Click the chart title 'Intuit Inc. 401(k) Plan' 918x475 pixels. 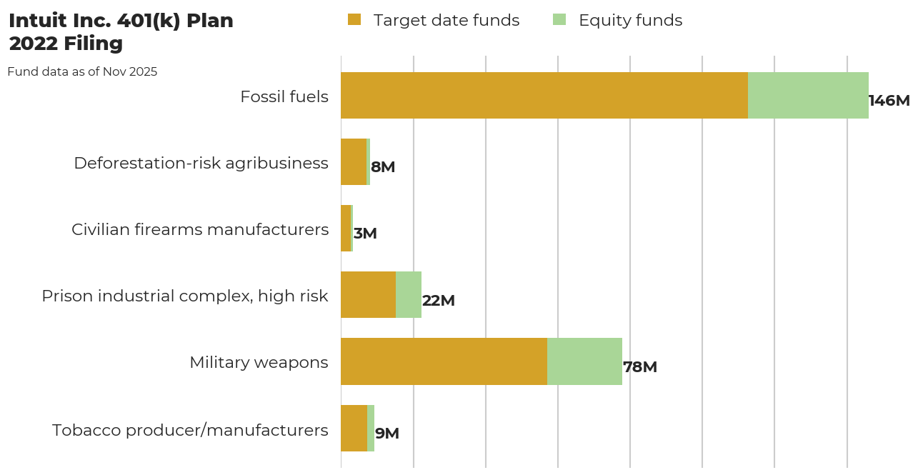point(121,21)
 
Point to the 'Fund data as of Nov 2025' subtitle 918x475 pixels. point(82,72)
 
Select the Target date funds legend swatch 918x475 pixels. point(354,20)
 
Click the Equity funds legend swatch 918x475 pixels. point(559,20)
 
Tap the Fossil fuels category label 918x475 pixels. point(284,96)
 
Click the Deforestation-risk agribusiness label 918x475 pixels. point(201,163)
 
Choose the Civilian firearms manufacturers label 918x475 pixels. point(200,229)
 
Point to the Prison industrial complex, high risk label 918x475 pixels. point(185,296)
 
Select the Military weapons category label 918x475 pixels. point(259,362)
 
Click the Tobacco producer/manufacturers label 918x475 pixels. point(190,430)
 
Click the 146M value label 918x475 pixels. point(889,101)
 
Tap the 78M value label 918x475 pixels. point(639,367)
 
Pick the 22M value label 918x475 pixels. point(438,301)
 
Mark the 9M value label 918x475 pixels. point(386,434)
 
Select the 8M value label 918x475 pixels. point(382,167)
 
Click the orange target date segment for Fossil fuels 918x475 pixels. point(544,95)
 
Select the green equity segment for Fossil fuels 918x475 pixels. point(808,95)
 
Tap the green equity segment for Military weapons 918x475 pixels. point(584,361)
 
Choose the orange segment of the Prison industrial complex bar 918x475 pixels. point(368,295)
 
